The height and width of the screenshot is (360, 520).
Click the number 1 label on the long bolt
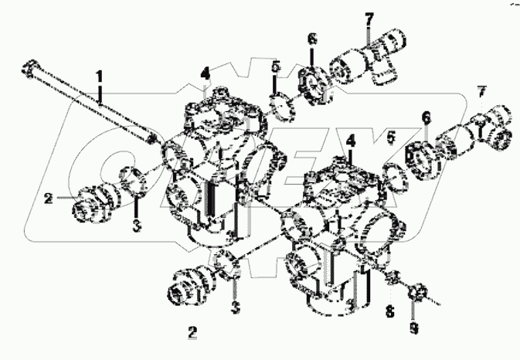pyautogui.click(x=99, y=75)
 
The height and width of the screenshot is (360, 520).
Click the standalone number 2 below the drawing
pyautogui.click(x=192, y=333)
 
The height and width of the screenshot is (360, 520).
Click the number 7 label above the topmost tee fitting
pyautogui.click(x=368, y=17)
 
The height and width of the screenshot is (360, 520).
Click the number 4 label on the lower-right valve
pyautogui.click(x=351, y=142)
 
